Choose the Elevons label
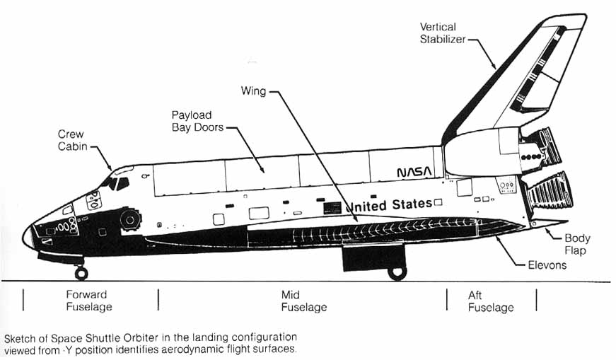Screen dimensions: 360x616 click(547, 266)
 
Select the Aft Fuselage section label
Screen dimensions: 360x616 click(490, 301)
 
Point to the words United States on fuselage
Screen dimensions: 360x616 click(389, 205)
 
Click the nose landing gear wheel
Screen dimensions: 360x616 click(81, 273)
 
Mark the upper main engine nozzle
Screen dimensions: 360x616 click(545, 146)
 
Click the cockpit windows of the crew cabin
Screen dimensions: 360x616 click(114, 182)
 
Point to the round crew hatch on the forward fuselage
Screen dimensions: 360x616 click(130, 219)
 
